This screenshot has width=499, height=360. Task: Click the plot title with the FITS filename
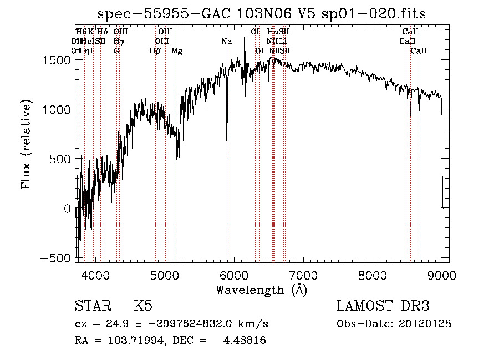coord(261,14)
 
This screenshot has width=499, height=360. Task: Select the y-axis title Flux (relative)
coord(26,144)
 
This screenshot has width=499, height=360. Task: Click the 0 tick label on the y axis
coord(68,209)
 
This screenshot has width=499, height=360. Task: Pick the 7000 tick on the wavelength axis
coord(303,275)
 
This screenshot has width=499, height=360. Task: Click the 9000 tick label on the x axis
coord(442,275)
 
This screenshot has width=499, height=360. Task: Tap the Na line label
coord(227,41)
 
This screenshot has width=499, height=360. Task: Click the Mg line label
coord(177,51)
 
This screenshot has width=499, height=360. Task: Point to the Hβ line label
coord(155,51)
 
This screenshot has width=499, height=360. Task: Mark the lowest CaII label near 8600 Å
coord(419,51)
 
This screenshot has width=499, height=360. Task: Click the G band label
coord(116,51)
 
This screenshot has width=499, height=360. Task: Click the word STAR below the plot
coord(91,306)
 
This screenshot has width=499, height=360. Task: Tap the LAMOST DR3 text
coord(383,306)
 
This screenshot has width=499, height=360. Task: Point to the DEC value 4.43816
coord(244,341)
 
